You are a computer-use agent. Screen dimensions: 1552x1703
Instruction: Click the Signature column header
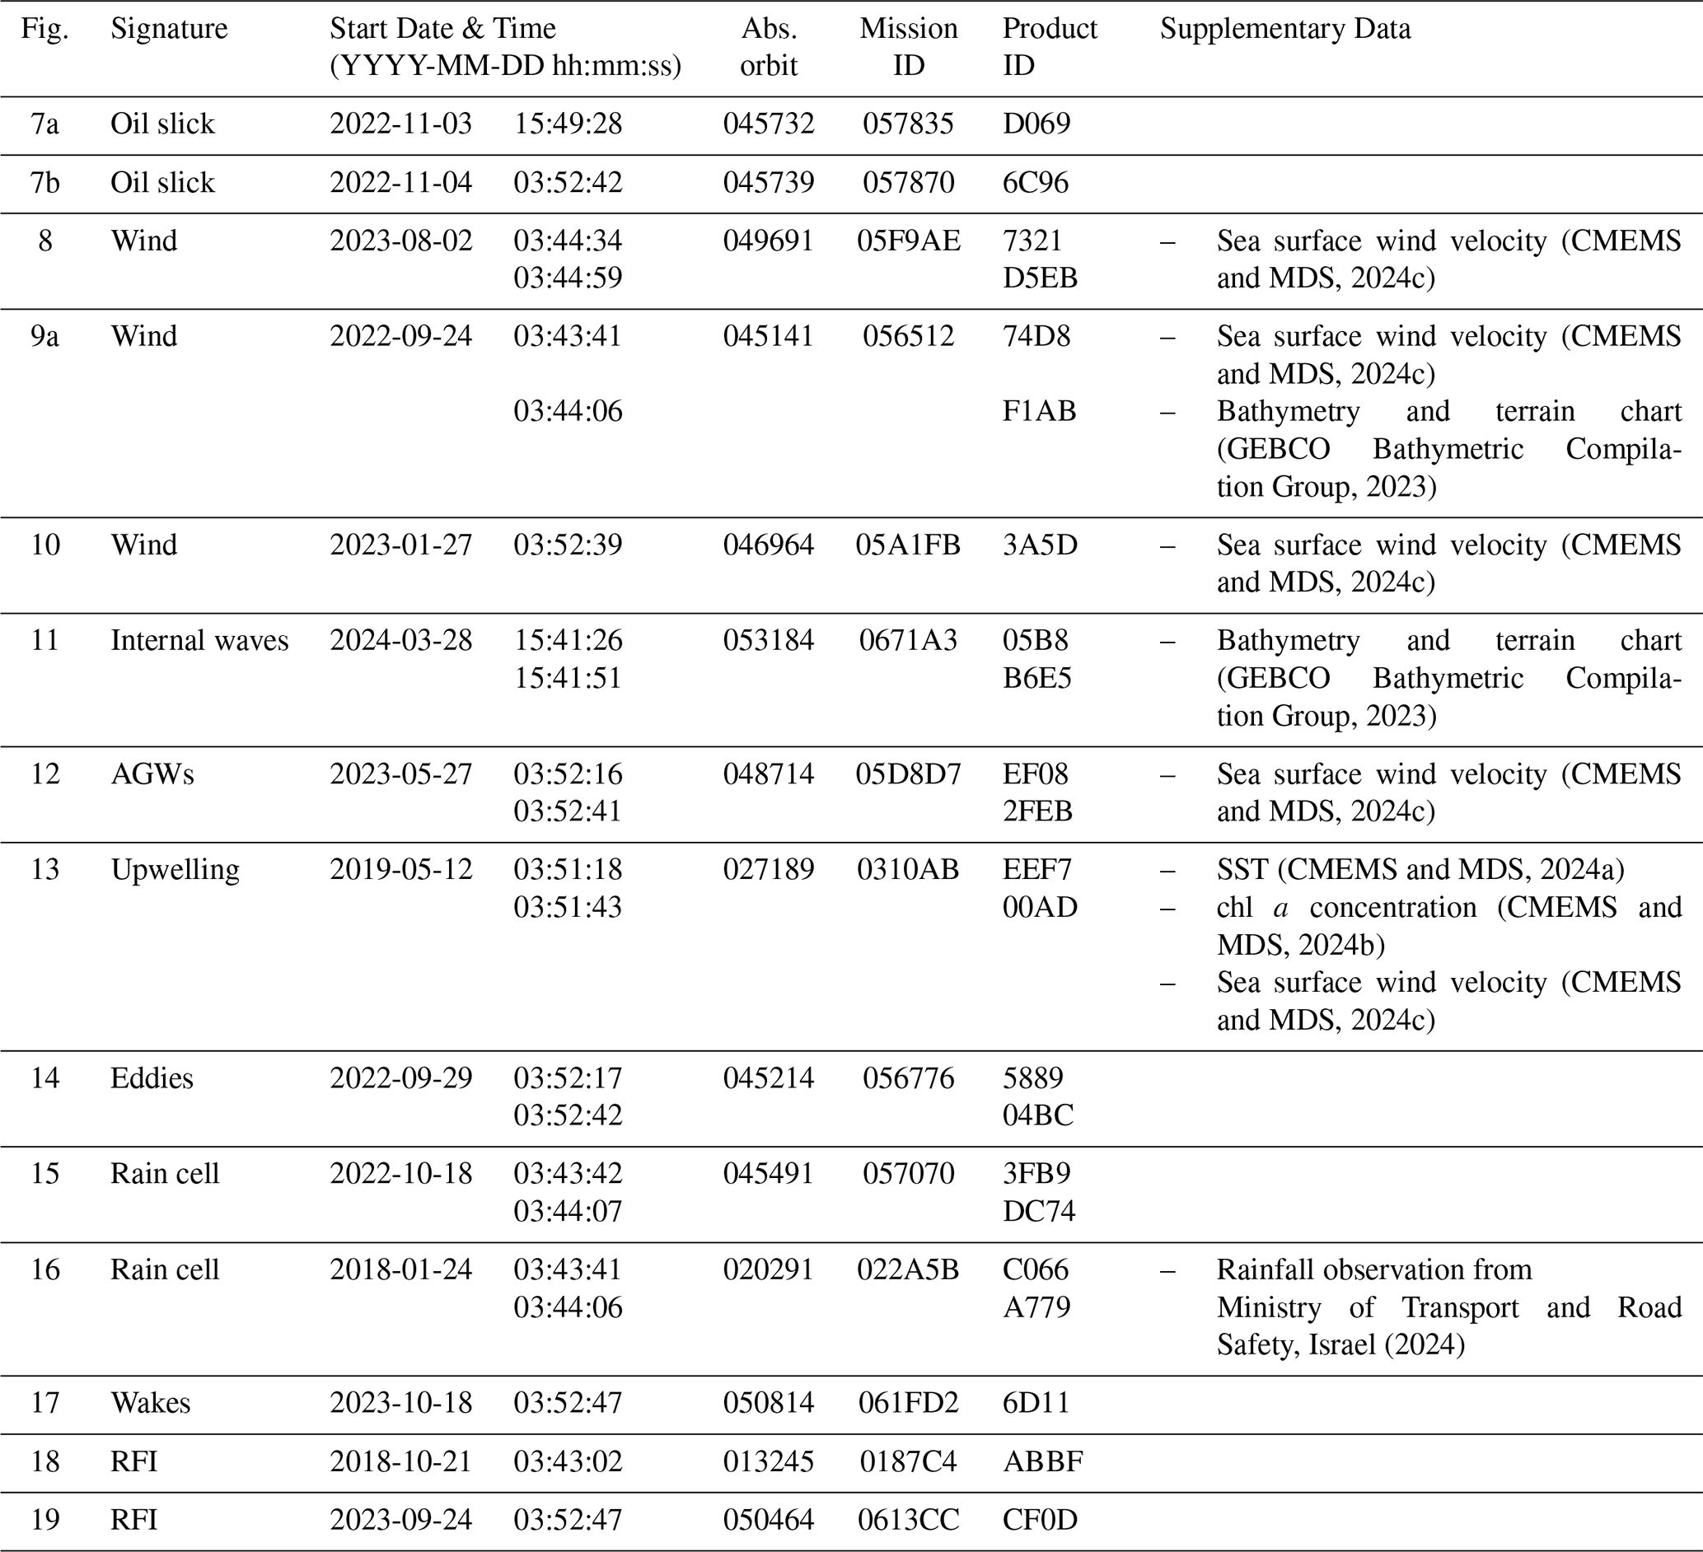[169, 30]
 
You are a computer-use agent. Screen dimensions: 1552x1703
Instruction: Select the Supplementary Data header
[1284, 30]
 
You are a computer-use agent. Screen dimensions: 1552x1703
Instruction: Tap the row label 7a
[44, 124]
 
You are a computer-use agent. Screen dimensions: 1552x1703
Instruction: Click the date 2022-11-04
[400, 182]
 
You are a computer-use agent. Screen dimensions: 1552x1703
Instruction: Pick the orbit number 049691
[768, 241]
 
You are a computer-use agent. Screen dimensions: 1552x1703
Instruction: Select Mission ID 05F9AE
[908, 241]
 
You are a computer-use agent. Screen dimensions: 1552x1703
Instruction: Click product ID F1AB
[1039, 411]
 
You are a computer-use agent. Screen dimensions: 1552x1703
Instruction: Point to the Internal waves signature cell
[199, 641]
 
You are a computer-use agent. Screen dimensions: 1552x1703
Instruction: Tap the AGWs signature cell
[152, 774]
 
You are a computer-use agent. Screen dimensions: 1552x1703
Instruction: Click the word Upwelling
[175, 870]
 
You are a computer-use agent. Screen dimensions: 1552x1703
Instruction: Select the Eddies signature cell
[152, 1078]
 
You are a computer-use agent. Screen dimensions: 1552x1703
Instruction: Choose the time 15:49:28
[568, 124]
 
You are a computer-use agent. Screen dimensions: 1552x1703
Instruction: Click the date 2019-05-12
[400, 870]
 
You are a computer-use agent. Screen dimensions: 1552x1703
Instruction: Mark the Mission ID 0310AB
[908, 870]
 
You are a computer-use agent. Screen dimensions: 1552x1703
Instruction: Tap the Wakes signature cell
[151, 1403]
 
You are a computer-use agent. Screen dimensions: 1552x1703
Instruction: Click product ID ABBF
[1042, 1461]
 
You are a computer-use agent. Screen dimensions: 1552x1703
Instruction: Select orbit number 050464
[768, 1519]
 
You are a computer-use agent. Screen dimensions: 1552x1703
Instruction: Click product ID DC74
[1039, 1211]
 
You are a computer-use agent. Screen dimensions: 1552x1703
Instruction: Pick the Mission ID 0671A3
[908, 641]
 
